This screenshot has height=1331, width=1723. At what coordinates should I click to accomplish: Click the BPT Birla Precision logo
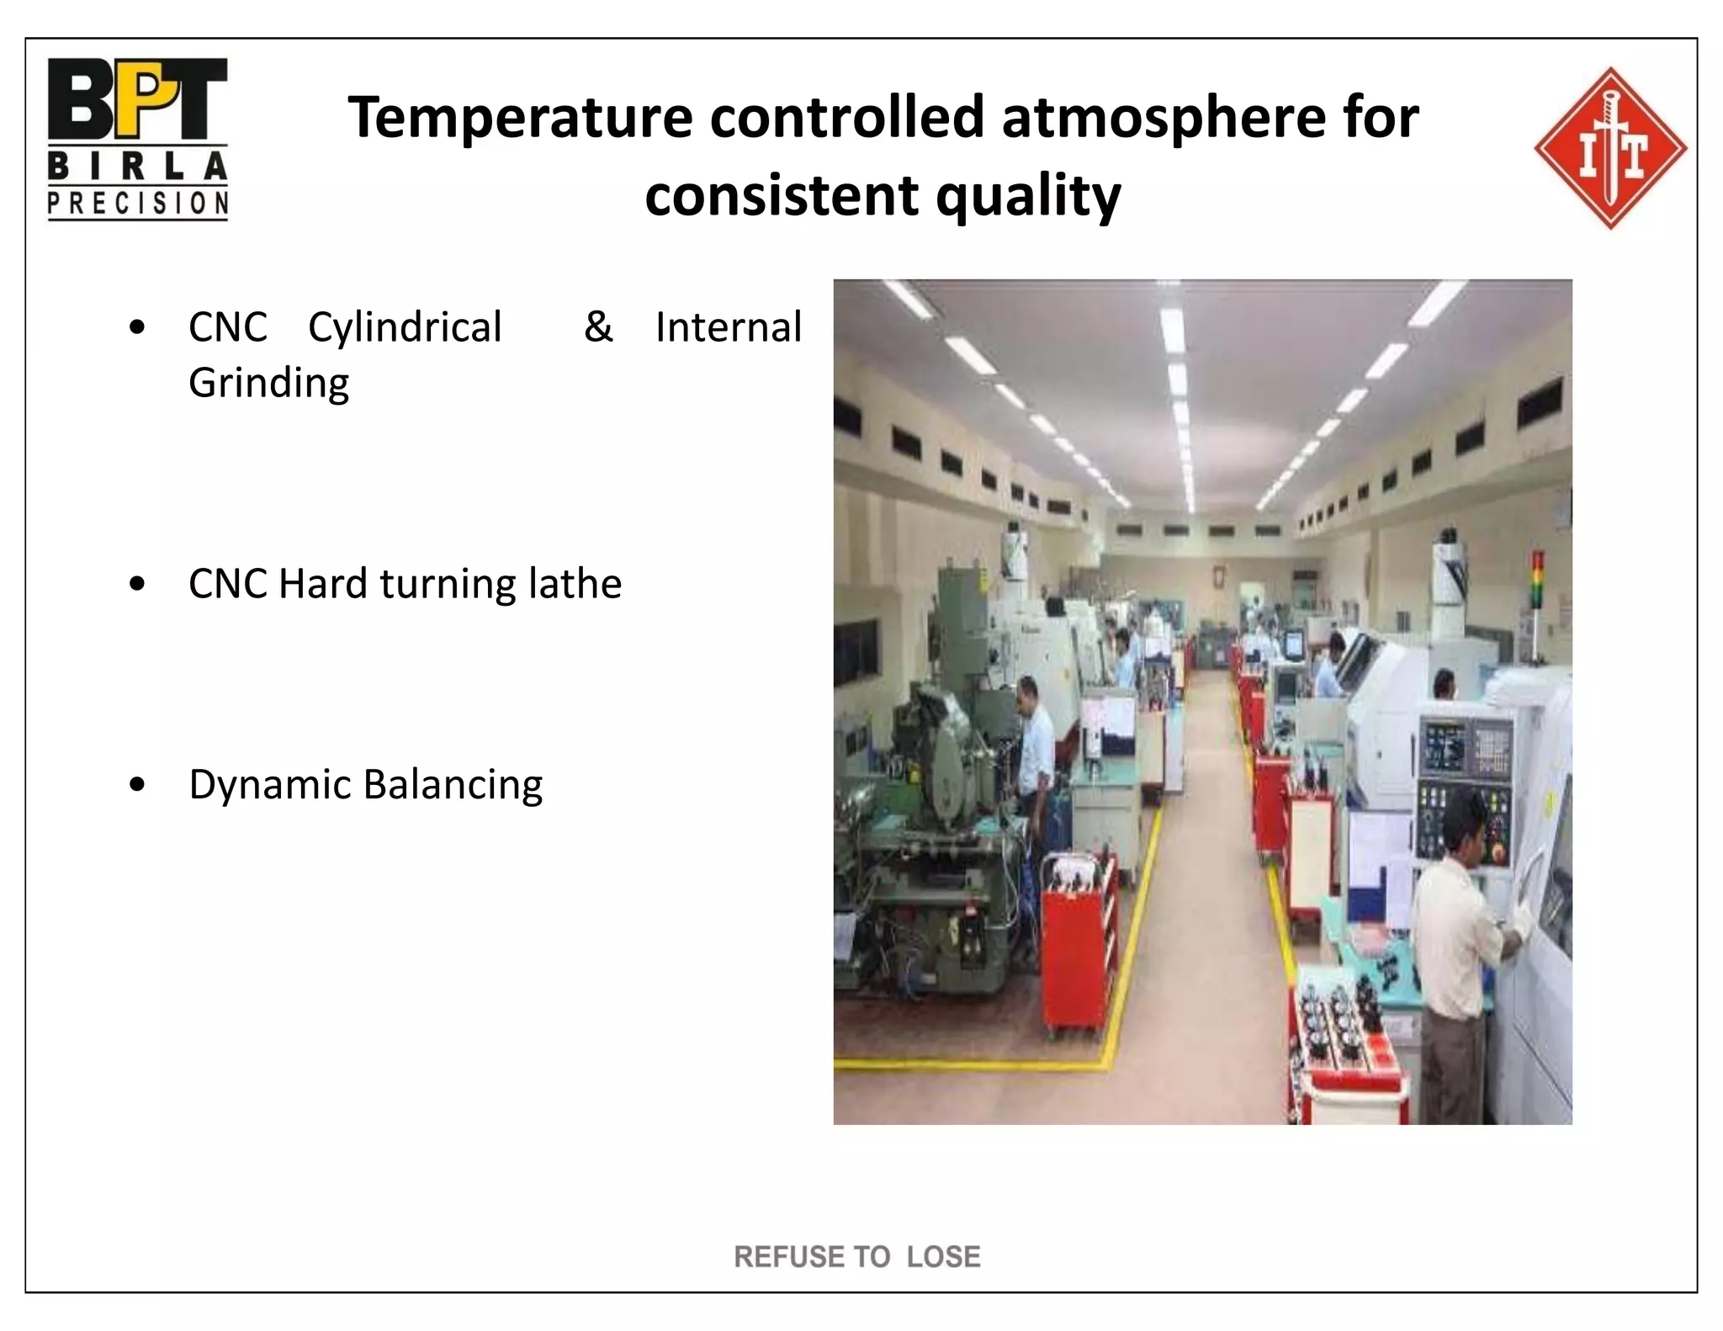(x=137, y=139)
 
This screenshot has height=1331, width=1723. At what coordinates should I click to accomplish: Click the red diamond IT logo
(x=1609, y=148)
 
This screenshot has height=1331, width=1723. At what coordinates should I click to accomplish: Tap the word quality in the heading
(x=1028, y=196)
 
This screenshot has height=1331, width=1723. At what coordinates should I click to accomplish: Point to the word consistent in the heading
(x=782, y=196)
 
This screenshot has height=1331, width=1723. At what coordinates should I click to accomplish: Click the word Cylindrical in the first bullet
(x=405, y=328)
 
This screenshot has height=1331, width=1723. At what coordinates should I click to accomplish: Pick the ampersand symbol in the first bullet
(x=598, y=327)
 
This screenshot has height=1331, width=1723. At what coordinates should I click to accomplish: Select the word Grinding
(x=268, y=384)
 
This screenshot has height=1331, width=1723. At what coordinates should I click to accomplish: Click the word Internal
(x=728, y=327)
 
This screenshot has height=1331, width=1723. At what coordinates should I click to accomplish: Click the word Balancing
(x=453, y=785)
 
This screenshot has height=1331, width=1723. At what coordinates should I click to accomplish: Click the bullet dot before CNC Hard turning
(x=138, y=585)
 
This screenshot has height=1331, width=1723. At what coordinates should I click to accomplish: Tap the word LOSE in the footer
(x=943, y=1257)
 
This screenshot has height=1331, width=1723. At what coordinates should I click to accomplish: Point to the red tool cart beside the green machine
(x=1079, y=942)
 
